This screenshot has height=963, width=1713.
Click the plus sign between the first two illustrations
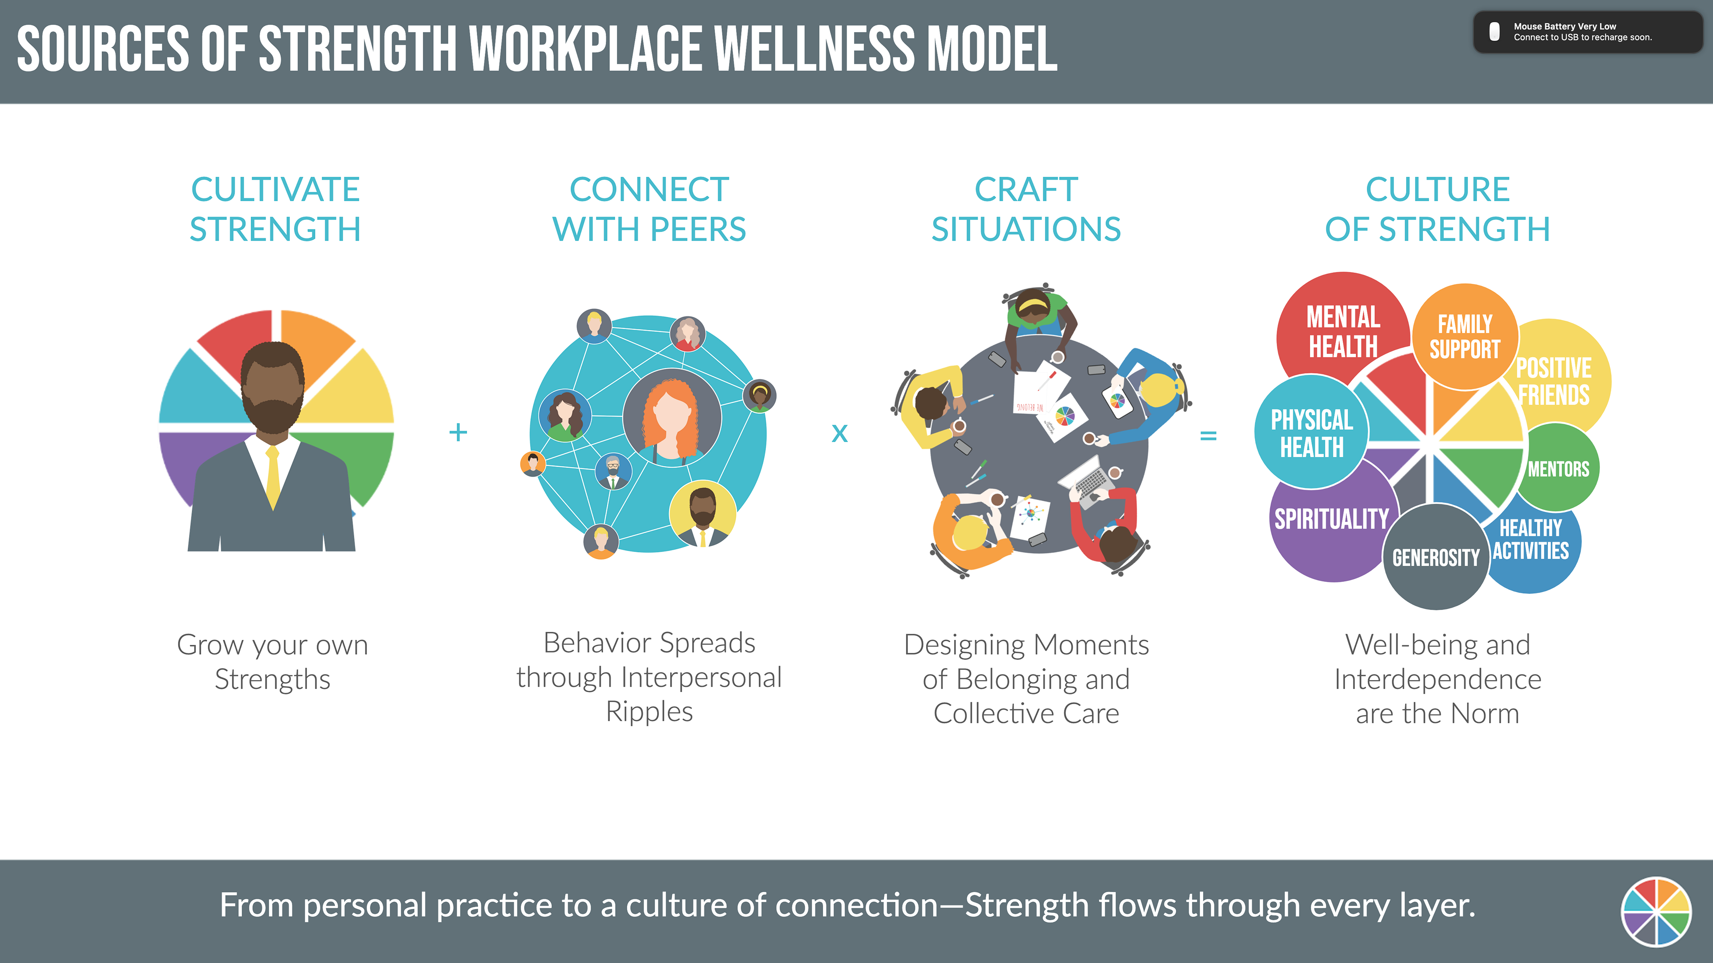point(458,432)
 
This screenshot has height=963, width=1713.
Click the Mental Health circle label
point(1343,331)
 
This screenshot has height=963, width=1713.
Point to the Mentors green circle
point(1558,469)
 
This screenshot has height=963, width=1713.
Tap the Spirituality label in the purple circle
point(1331,519)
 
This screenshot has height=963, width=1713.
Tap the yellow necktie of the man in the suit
point(273,479)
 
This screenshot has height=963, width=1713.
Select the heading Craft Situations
point(1026,209)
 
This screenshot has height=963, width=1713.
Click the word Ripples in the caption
point(649,712)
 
